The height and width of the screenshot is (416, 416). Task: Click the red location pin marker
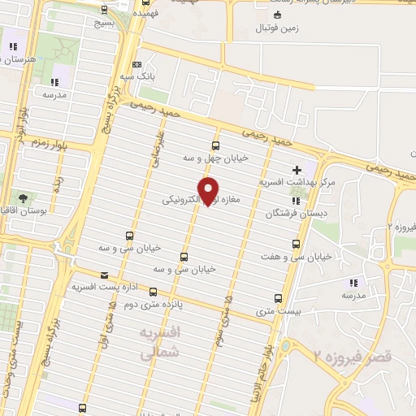click(210, 190)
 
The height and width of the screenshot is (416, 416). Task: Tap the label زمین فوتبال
click(279, 29)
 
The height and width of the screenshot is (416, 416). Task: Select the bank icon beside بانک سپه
click(136, 65)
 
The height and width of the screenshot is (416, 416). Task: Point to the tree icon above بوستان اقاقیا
click(22, 197)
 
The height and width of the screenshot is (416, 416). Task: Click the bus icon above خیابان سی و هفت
click(296, 243)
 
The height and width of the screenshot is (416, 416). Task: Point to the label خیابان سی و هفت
click(296, 256)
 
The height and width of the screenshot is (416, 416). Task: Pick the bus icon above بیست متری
click(279, 297)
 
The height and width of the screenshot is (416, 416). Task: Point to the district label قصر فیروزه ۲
click(352, 356)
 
